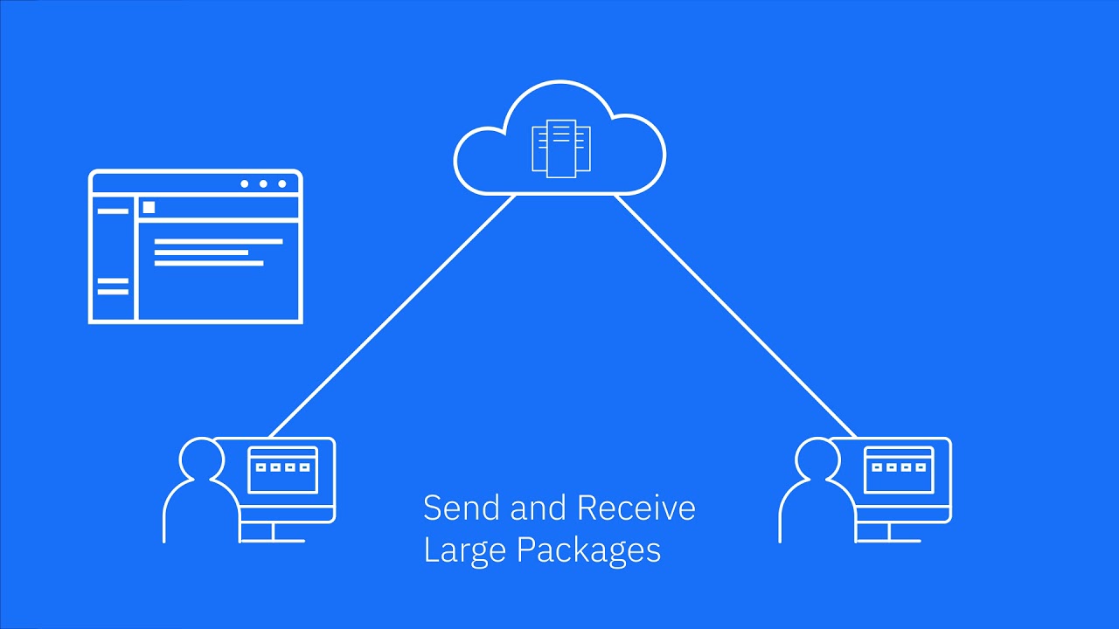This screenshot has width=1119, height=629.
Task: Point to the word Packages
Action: click(x=588, y=550)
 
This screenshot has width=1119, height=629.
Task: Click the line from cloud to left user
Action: click(x=393, y=314)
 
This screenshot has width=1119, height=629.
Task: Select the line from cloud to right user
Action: click(x=734, y=314)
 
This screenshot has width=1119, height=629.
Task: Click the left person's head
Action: click(x=201, y=458)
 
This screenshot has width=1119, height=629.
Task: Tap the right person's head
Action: click(x=817, y=458)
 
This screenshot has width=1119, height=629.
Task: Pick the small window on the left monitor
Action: click(x=282, y=470)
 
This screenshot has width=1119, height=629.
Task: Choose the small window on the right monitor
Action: click(x=899, y=470)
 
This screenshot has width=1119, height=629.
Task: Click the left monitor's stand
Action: click(x=273, y=532)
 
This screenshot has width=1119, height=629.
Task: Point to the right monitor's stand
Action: click(x=889, y=532)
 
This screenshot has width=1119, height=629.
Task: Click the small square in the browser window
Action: click(x=149, y=207)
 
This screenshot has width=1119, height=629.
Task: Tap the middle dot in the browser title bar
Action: click(x=263, y=183)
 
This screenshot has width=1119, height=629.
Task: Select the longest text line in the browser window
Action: click(x=219, y=241)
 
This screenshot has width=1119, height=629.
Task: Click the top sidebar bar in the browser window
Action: click(x=112, y=211)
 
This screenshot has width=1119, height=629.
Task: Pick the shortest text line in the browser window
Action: click(x=201, y=252)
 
